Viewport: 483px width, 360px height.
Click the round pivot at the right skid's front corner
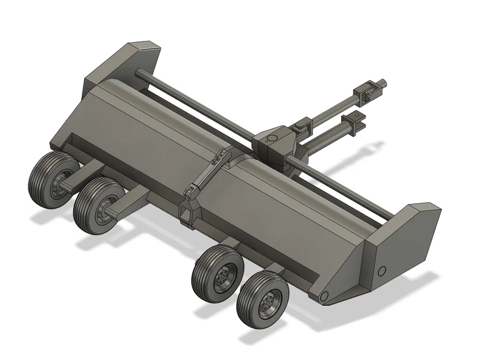323,296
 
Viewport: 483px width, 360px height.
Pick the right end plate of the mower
403,242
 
